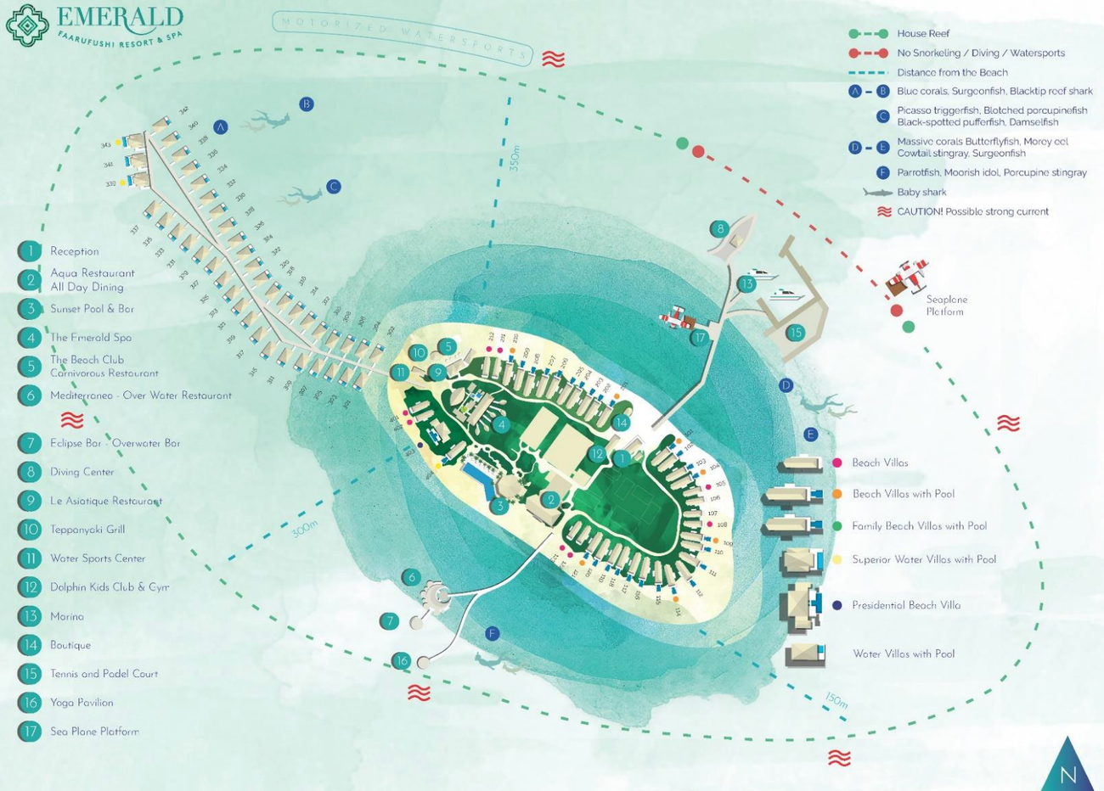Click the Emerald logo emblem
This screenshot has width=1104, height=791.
27,25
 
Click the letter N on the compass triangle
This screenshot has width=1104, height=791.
1068,774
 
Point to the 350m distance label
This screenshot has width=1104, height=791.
515,159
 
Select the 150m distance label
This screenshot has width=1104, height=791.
836,700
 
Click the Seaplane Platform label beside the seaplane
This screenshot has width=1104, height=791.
946,306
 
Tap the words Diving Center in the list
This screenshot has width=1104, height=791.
82,472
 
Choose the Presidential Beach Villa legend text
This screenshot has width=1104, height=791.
906,605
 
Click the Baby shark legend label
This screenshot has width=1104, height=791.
921,193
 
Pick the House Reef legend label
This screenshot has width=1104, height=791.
923,34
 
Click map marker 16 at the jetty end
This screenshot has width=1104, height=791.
402,660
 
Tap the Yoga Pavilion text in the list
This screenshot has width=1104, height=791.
82,703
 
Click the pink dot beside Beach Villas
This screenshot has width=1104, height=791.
837,463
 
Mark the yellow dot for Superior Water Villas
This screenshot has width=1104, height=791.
837,559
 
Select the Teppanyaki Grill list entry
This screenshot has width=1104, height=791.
87,530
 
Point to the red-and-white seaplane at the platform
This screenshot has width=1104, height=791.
907,277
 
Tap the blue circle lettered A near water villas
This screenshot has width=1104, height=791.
221,127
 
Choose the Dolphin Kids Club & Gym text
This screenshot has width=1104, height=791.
110,587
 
